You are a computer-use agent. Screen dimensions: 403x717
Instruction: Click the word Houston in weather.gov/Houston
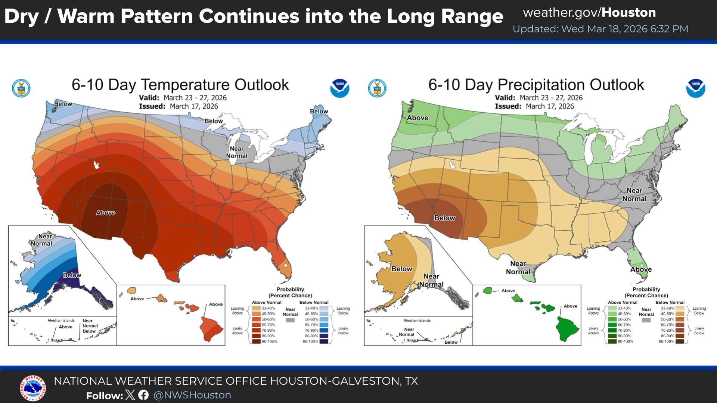coord(628,13)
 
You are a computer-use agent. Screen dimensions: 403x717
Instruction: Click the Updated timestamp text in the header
coord(600,29)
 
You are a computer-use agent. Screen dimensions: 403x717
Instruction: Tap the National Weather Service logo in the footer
coord(33,388)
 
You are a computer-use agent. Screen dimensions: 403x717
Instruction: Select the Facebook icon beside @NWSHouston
coord(143,395)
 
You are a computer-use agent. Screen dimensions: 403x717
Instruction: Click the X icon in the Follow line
coord(130,395)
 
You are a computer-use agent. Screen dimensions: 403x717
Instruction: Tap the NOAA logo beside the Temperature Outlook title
coord(339,88)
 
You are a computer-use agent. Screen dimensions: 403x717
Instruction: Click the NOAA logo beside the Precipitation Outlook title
coord(695,88)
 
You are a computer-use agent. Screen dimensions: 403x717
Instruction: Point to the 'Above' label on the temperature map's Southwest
coord(106,213)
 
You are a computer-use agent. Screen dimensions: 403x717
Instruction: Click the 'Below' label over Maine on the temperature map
coord(319,111)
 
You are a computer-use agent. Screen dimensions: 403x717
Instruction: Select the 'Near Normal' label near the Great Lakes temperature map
coord(237,152)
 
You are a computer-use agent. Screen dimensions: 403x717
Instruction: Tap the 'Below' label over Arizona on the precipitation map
coord(444,218)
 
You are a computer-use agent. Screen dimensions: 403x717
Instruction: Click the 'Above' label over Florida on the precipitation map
coord(641,269)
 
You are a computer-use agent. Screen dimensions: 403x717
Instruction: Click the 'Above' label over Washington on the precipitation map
coord(418,118)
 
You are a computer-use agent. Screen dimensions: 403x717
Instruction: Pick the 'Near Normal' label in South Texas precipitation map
coord(518,268)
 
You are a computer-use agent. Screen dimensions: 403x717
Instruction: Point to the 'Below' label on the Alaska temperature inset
coord(72,275)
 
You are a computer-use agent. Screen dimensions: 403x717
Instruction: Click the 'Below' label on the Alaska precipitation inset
coord(401,269)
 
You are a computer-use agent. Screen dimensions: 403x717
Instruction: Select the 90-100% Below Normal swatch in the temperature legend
coord(323,341)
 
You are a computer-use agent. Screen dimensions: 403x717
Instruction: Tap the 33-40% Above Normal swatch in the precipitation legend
coord(612,309)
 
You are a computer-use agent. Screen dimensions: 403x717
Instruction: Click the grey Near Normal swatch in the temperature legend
coord(290,320)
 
